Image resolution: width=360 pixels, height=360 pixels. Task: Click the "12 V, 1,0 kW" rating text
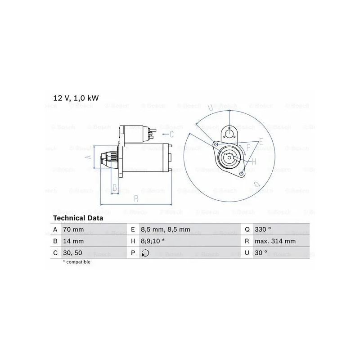coord(76,98)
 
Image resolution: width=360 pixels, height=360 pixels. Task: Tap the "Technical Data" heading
coord(78,218)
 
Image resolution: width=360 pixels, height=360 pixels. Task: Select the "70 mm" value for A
coord(73,229)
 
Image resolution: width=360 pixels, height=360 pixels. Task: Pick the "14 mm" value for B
coord(73,241)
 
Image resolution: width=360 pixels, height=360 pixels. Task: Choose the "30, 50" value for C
coord(72,253)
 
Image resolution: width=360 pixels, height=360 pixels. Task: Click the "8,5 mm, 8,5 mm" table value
coord(166,229)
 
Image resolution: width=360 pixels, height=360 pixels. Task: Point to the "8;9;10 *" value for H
coord(153,241)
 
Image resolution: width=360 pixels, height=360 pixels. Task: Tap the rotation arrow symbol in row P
coord(145,253)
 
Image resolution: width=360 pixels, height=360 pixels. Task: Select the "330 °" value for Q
coord(263,229)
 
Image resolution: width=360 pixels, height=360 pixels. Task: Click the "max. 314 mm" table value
coord(275,241)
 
